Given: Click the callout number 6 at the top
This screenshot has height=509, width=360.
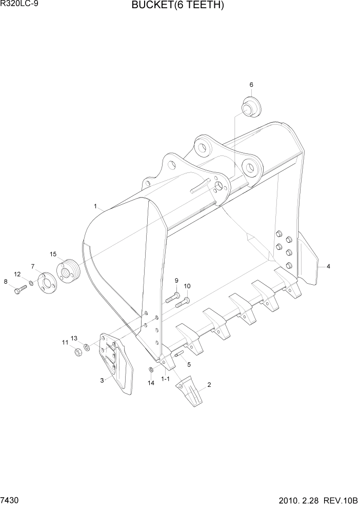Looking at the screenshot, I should point(251,85).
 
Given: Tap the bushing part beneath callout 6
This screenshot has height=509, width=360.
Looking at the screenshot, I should point(250,108).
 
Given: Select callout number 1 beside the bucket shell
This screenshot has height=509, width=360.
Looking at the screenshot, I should point(96,206).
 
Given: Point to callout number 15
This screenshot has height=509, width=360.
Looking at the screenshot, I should point(53,254).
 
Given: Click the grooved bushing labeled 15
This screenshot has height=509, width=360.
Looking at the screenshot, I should point(69,271).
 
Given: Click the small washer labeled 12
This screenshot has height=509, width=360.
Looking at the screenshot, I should point(31,283).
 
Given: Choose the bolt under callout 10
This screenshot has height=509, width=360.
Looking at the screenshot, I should point(183,302).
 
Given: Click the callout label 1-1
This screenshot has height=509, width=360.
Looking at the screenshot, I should point(165,380).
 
